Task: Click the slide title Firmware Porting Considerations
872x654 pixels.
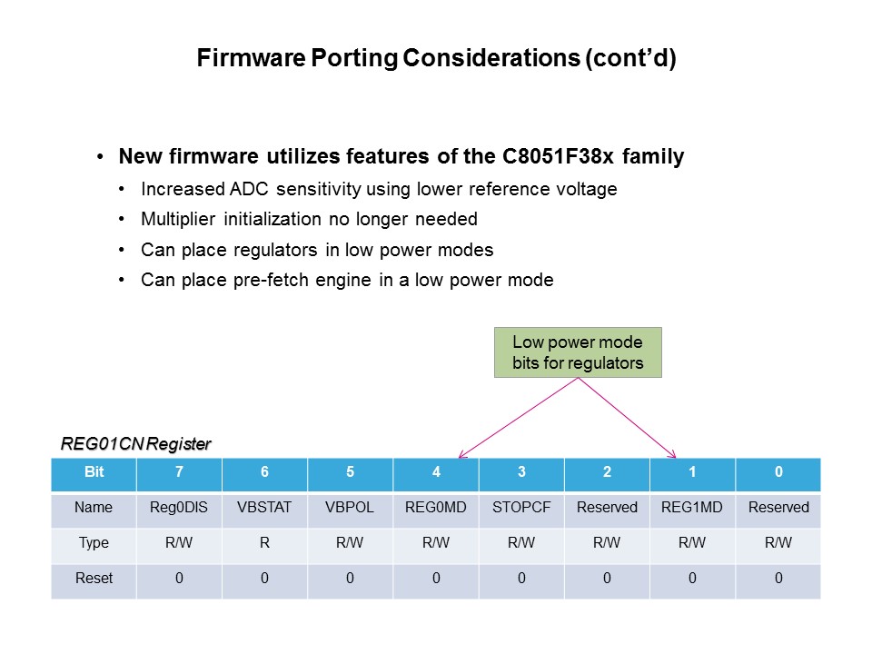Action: tap(436, 60)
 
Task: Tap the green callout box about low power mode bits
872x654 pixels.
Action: tap(578, 352)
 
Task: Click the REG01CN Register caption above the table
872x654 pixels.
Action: tap(135, 444)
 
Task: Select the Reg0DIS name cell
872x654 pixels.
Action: tap(179, 508)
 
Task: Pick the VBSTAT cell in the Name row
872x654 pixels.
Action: tap(264, 508)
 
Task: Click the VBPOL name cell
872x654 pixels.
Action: tap(350, 508)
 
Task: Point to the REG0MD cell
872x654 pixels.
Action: tap(436, 508)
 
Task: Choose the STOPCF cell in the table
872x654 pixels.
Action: tap(521, 508)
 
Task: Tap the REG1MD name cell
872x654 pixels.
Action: tap(692, 508)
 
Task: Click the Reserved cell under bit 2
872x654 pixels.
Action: tap(607, 508)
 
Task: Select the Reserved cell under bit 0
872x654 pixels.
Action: tap(778, 508)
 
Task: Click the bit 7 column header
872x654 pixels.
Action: tap(179, 473)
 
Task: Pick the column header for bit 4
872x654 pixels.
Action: tap(436, 473)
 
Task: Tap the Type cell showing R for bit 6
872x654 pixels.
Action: tap(264, 543)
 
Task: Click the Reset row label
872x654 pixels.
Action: tap(94, 579)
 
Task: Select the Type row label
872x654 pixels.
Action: tap(94, 543)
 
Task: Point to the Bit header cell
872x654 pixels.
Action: tap(94, 473)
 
